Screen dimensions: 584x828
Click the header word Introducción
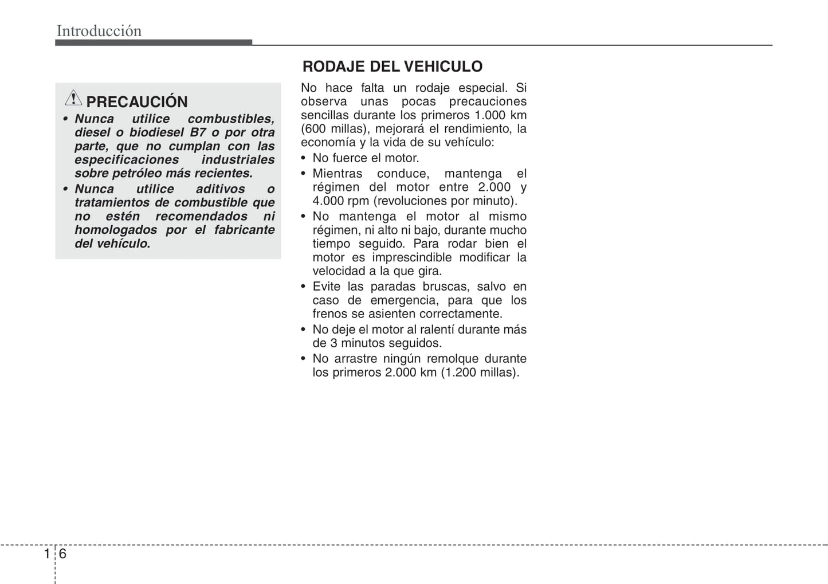(x=99, y=31)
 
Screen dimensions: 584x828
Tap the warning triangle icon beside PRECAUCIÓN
(x=73, y=99)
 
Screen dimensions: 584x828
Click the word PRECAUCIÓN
(x=137, y=102)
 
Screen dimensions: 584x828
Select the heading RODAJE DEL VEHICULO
(x=392, y=66)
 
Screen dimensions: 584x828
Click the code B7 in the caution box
(x=198, y=132)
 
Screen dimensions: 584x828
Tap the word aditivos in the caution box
(x=220, y=189)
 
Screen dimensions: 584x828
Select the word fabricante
(x=244, y=230)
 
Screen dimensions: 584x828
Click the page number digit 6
(x=62, y=554)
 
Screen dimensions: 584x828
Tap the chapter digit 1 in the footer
(x=47, y=554)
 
